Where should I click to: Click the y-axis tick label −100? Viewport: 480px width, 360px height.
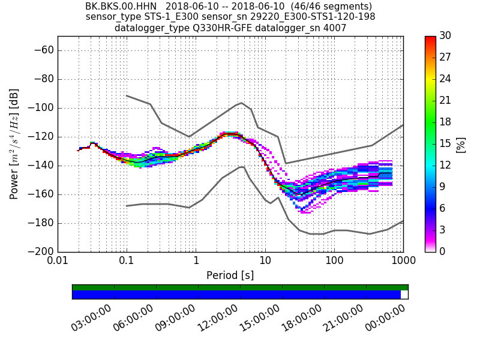(x=40, y=108)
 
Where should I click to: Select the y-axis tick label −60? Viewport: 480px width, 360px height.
(x=43, y=50)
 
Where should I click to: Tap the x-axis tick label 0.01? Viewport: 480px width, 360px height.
(x=58, y=261)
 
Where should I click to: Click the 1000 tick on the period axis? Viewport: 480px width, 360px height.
(x=403, y=261)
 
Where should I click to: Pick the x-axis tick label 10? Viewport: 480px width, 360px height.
(x=265, y=261)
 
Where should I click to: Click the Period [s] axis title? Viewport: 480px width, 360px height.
(x=230, y=275)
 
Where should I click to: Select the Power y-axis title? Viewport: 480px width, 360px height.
(x=14, y=144)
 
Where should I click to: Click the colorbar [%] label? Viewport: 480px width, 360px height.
(x=461, y=144)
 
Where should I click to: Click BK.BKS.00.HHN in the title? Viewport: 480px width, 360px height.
(x=122, y=7)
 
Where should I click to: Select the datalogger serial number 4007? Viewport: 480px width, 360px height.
(x=335, y=28)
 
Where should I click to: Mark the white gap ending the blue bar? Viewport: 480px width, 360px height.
(x=404, y=295)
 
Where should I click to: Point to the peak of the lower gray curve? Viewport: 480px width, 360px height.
(x=242, y=166)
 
